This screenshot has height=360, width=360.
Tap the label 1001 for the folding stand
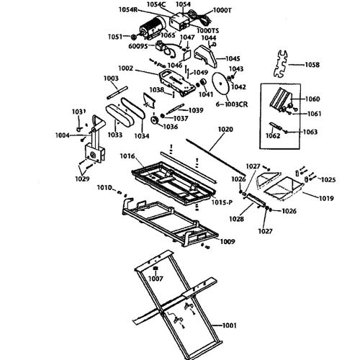coord(230,327)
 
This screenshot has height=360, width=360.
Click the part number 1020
coord(225,130)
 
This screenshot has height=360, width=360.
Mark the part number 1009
coord(227,241)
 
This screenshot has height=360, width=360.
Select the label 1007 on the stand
coord(155,277)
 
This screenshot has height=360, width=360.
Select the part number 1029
coord(84,178)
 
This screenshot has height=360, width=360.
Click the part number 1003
coord(110,78)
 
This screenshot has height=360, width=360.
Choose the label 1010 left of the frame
coord(105,188)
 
